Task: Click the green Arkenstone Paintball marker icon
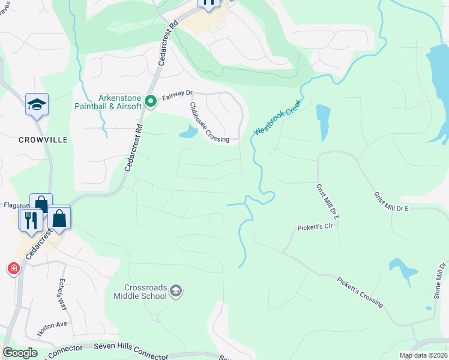pos(150,101)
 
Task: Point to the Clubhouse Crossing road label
pos(209,122)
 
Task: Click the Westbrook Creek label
pos(277,117)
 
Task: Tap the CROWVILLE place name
pos(42,139)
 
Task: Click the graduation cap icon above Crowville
pos(37,104)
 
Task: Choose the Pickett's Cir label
pos(315,228)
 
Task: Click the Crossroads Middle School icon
pos(176,292)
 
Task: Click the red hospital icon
pos(13,268)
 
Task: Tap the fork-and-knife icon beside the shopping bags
pos(30,220)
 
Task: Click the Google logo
pos(20,353)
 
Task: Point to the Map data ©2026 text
pos(423,355)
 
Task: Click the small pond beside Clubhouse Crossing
pos(188,131)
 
